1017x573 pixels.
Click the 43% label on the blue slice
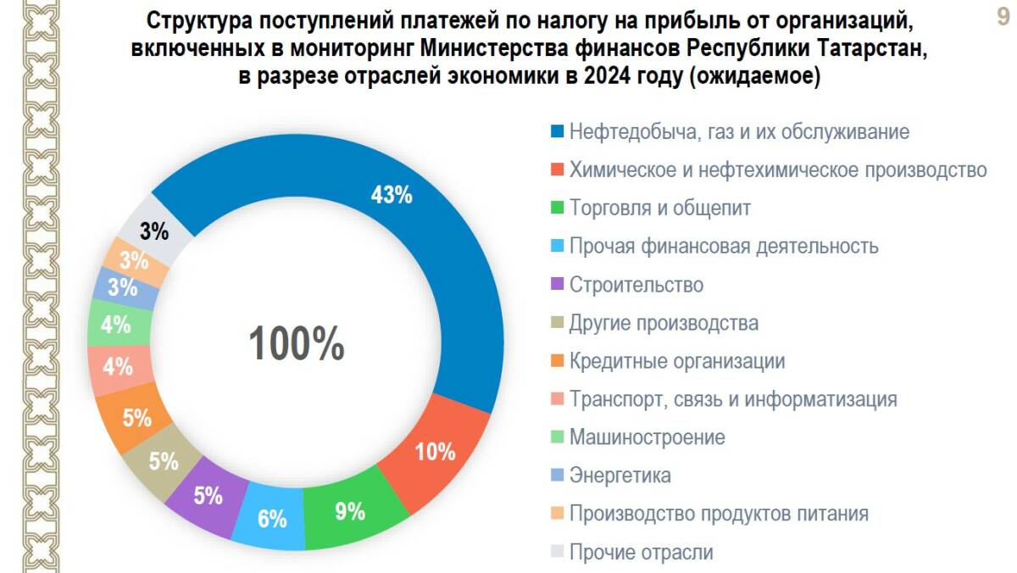(x=392, y=195)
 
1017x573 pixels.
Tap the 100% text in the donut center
(x=296, y=344)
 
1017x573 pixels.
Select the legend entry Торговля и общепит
(x=660, y=208)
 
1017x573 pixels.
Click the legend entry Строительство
(x=636, y=285)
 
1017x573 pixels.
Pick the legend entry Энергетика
(x=620, y=476)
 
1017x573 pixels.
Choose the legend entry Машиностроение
(x=647, y=437)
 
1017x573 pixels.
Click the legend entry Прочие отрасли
(x=641, y=553)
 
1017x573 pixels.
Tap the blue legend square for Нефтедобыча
(x=557, y=132)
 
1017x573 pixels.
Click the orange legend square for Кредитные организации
(x=557, y=362)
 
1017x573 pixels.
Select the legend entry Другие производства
(x=664, y=323)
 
